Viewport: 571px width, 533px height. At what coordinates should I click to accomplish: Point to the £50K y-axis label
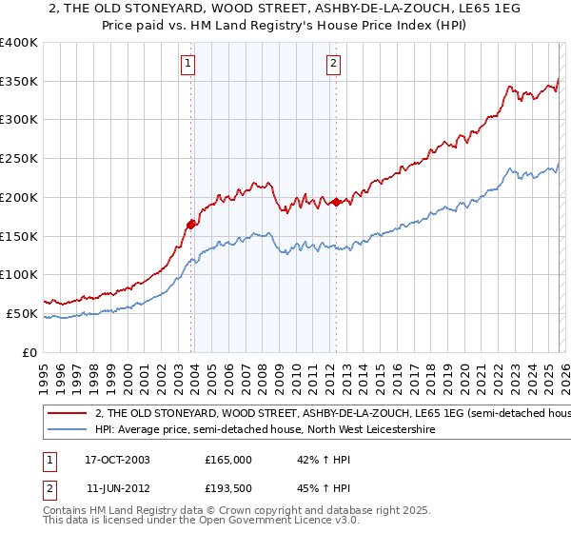22,313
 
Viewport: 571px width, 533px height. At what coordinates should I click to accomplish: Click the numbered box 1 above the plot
187,65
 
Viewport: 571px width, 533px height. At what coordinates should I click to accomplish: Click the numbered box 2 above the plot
334,65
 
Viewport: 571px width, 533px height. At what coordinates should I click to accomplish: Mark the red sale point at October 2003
191,225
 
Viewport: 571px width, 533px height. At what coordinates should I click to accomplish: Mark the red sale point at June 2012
336,203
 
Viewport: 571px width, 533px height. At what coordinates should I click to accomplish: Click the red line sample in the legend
67,414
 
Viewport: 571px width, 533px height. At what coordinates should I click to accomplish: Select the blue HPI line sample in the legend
67,430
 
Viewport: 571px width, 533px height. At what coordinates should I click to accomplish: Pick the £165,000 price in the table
227,459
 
